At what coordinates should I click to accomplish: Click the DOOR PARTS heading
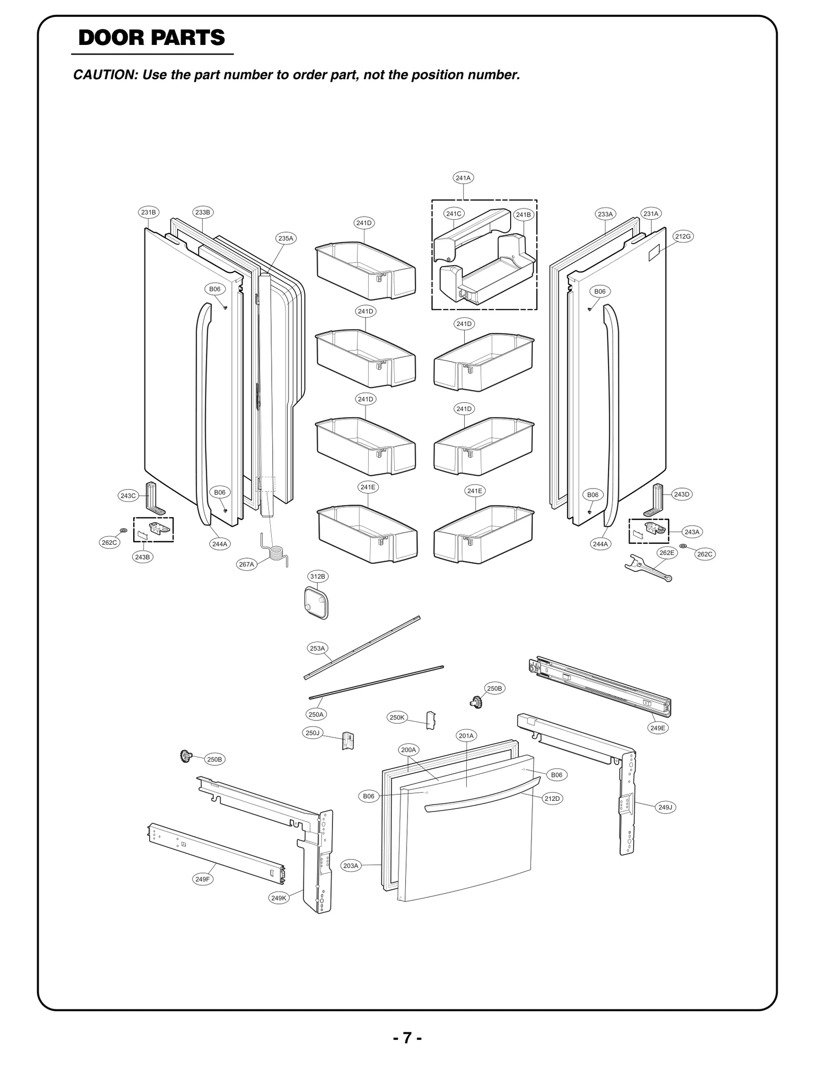point(152,38)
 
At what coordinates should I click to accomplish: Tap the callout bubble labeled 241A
point(463,178)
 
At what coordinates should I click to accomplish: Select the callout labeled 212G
point(683,236)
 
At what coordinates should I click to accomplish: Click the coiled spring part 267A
point(275,552)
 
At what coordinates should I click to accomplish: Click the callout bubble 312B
point(318,576)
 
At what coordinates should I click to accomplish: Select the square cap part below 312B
point(313,603)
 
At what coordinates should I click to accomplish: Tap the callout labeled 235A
point(286,238)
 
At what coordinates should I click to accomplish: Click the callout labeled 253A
point(317,648)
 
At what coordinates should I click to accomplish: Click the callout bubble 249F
point(202,879)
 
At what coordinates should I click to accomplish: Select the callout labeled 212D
point(552,798)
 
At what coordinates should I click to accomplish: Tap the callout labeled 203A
point(351,866)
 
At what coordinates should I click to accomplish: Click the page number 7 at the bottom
point(407,1038)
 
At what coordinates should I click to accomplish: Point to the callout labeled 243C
point(128,495)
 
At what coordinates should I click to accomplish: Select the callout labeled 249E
point(658,728)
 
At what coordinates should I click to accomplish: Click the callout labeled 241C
point(453,214)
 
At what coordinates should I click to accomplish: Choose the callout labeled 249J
point(665,807)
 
